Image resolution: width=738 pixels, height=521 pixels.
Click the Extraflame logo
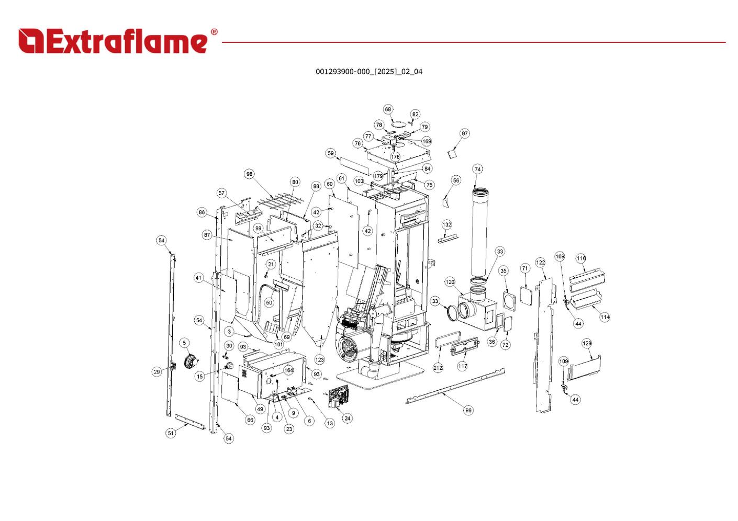click(118, 41)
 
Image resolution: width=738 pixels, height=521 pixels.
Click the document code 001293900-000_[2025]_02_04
click(368, 72)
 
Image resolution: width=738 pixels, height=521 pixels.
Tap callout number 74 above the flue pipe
click(477, 169)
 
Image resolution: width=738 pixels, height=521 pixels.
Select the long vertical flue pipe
click(479, 232)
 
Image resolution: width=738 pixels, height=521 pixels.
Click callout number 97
click(465, 133)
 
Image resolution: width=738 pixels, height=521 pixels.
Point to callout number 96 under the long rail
click(468, 410)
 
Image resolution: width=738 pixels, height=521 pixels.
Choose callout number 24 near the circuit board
click(347, 418)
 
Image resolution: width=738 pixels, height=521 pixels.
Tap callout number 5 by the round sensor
click(184, 343)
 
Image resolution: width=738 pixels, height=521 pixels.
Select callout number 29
click(157, 372)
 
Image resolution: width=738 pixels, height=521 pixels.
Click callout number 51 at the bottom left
click(171, 433)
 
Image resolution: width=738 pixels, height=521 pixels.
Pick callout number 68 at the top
click(388, 109)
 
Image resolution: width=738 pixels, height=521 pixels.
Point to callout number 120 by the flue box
click(450, 281)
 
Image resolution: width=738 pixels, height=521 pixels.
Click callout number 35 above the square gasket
click(504, 271)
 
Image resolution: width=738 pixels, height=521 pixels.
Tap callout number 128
click(587, 344)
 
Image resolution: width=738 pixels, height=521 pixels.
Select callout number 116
click(581, 258)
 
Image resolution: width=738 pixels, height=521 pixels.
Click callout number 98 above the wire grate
click(250, 174)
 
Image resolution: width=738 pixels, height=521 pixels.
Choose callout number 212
click(438, 368)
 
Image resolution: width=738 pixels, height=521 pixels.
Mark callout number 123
click(319, 360)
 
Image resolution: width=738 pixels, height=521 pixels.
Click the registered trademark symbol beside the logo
click(214, 32)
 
